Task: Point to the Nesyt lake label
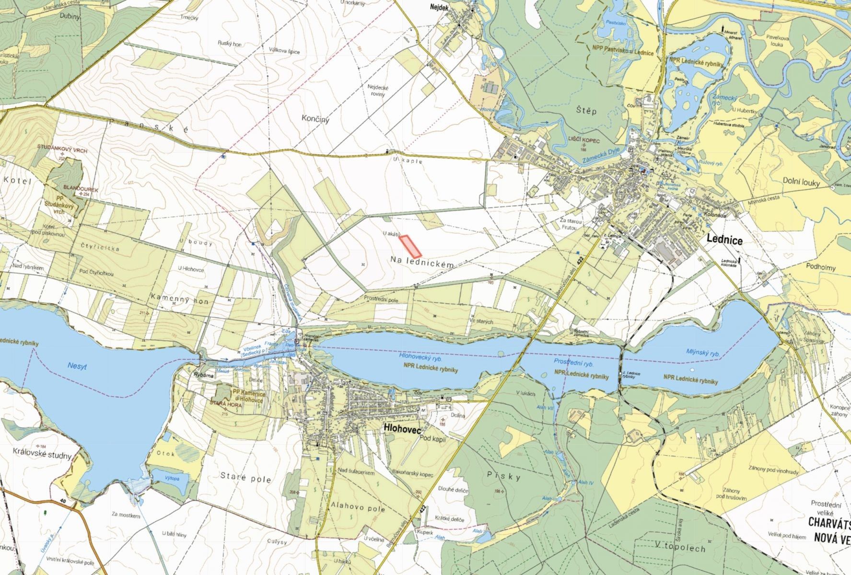click(76, 366)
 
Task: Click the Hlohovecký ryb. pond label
click(420, 357)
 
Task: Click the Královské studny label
click(42, 455)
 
